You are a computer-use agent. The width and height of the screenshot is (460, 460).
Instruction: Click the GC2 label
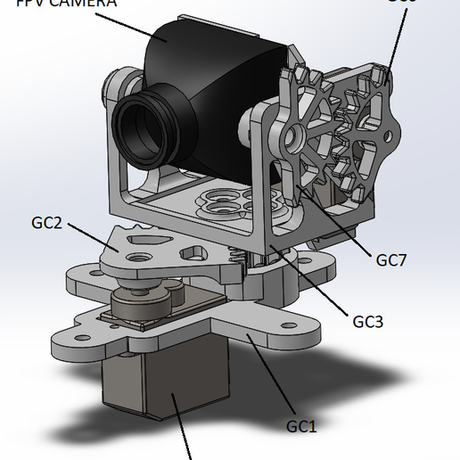click(46, 222)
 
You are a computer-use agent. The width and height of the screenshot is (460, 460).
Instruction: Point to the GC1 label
click(301, 425)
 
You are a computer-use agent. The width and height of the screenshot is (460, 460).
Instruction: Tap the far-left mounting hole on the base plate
click(70, 338)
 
